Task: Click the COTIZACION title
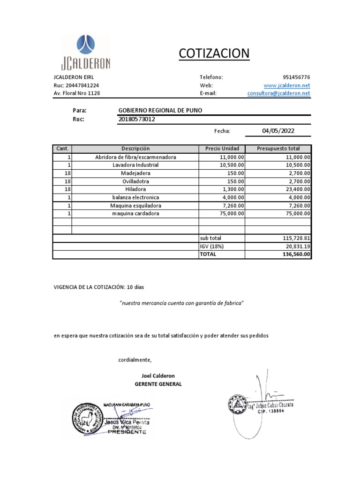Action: pyautogui.click(x=214, y=54)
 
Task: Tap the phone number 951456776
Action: pyautogui.click(x=296, y=77)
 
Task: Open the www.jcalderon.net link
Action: pyautogui.click(x=287, y=85)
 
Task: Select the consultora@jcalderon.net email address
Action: pyautogui.click(x=279, y=93)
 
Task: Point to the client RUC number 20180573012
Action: pyautogui.click(x=137, y=119)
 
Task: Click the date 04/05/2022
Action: pyautogui.click(x=278, y=131)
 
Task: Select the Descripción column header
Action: pyautogui.click(x=135, y=149)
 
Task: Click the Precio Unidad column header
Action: pyautogui.click(x=222, y=149)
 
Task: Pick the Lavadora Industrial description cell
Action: pyautogui.click(x=135, y=165)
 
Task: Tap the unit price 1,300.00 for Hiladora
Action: pyautogui.click(x=231, y=189)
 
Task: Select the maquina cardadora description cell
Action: pyautogui.click(x=135, y=214)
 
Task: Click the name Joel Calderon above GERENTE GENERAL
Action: pyautogui.click(x=158, y=376)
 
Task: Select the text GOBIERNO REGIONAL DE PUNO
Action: pyautogui.click(x=161, y=110)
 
